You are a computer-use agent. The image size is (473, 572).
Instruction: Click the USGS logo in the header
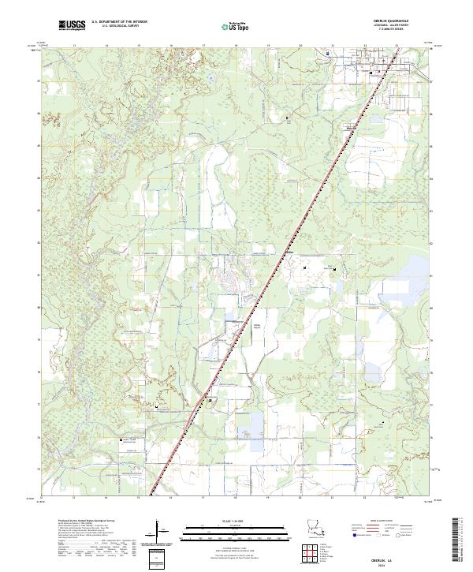point(72,26)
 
